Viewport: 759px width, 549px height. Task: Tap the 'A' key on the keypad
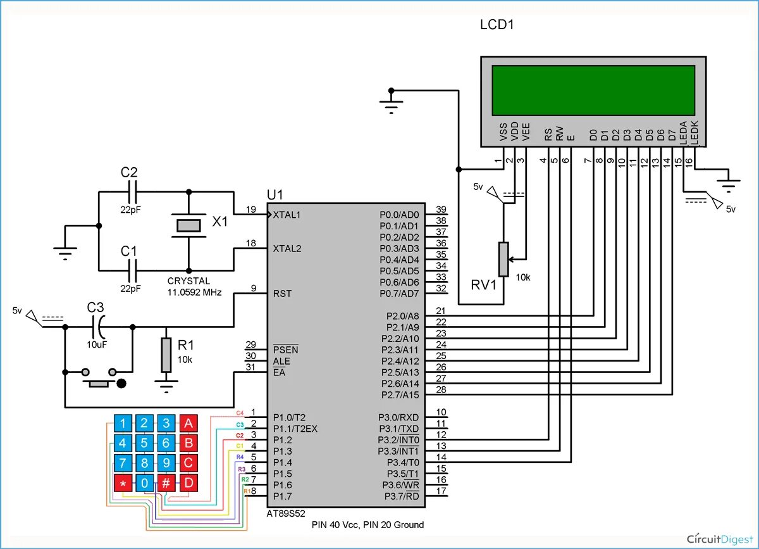tap(188, 424)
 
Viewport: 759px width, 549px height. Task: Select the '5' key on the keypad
tap(145, 443)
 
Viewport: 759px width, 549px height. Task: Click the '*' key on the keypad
tap(123, 484)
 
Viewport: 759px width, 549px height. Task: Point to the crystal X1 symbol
tap(188, 225)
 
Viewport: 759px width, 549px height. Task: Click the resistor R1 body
tap(166, 355)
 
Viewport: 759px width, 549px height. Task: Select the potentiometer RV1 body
tap(503, 259)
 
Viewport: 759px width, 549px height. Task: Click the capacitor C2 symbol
tap(132, 190)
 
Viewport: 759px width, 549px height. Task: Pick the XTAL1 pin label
tap(287, 215)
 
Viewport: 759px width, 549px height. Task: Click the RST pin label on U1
tap(282, 294)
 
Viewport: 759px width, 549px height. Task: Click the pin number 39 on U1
tap(441, 210)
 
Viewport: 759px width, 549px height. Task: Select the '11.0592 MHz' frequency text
tap(194, 293)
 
